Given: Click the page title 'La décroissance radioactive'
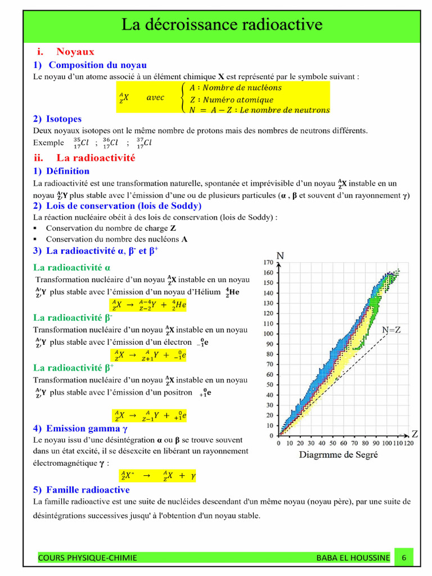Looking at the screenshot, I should click(x=222, y=25).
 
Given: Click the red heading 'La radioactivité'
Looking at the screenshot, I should click(x=96, y=158).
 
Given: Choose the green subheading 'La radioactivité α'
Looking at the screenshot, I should click(x=72, y=267).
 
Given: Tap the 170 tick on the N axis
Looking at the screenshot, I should click(x=268, y=263).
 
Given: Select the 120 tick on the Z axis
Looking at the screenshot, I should click(x=408, y=443).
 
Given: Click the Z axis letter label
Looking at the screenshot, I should click(x=415, y=434).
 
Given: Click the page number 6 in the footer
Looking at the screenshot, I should click(x=403, y=557).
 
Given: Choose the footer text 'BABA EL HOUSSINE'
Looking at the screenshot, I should click(x=352, y=557).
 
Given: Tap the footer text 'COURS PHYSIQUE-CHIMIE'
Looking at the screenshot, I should click(x=87, y=557).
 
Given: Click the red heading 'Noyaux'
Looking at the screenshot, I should click(x=75, y=52).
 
